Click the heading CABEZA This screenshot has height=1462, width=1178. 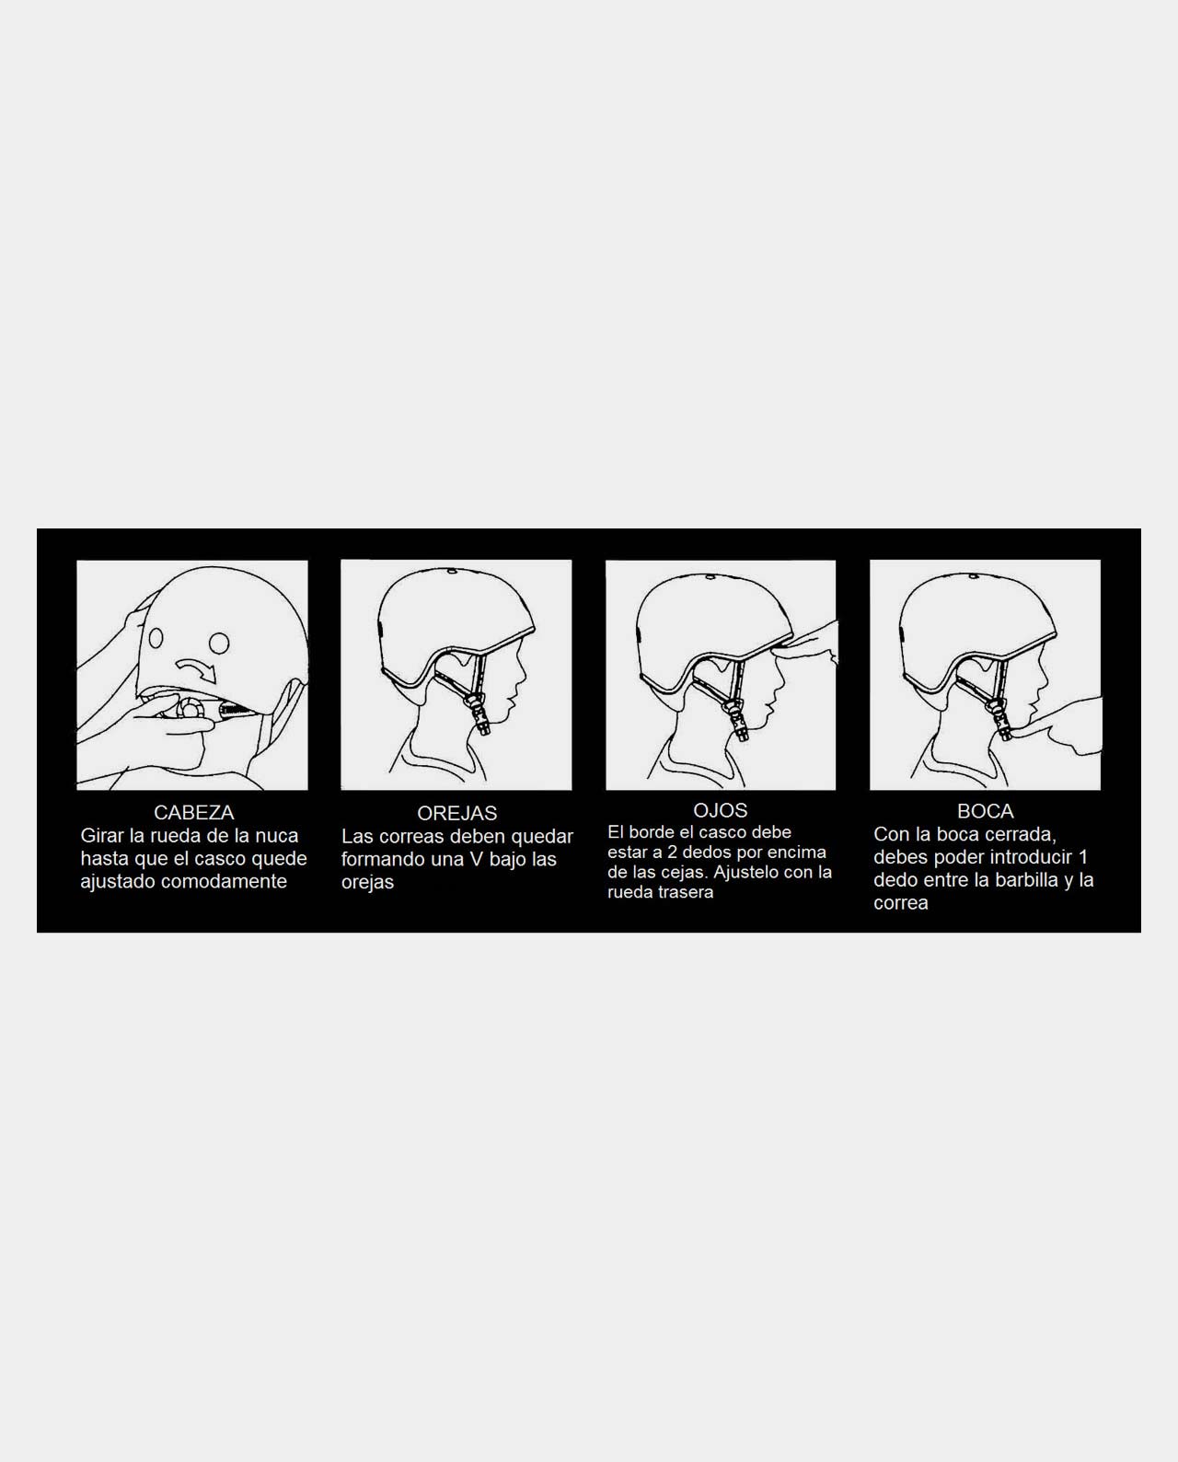[x=193, y=813]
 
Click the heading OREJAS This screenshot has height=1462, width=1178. [x=457, y=813]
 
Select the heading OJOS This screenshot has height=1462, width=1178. [x=720, y=810]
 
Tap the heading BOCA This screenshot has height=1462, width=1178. [x=985, y=811]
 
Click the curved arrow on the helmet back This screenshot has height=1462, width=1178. [x=197, y=669]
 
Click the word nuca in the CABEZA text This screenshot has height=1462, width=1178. [x=276, y=836]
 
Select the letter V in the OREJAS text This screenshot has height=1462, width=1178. [x=476, y=859]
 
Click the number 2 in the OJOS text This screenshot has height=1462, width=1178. [x=672, y=852]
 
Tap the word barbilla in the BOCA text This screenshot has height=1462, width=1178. [x=1026, y=880]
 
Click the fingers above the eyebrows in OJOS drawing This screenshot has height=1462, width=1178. [x=805, y=644]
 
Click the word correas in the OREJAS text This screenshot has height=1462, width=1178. [x=406, y=836]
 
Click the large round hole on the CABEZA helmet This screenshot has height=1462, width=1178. [x=219, y=643]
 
